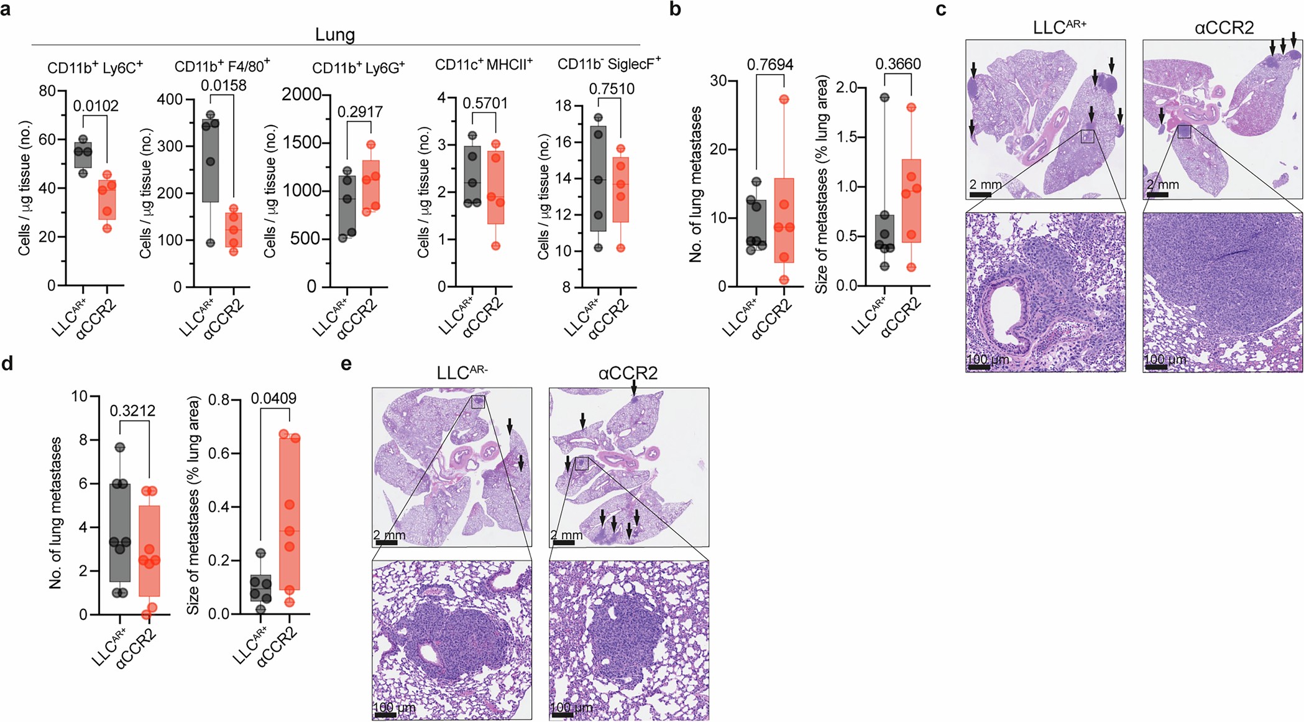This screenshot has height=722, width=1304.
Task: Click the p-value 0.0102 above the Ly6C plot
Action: tap(96, 106)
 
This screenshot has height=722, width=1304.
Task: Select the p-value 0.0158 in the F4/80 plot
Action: tap(223, 85)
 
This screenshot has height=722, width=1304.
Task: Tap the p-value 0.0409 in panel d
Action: tap(273, 399)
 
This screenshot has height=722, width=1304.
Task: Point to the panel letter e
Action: tap(346, 363)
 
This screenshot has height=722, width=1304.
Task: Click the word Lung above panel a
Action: tap(335, 34)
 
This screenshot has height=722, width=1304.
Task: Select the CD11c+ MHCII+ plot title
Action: tap(483, 65)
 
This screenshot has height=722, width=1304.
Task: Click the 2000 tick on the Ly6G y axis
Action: tap(301, 95)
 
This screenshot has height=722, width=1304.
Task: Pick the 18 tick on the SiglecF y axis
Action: tap(563, 106)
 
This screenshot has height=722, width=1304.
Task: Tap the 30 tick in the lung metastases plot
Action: tap(719, 81)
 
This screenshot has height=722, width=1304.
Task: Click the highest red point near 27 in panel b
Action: tap(784, 99)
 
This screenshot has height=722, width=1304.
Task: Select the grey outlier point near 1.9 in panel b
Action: tap(884, 98)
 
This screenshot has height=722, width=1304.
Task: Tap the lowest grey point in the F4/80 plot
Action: tap(211, 243)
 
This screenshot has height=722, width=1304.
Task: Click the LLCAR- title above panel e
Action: tap(462, 373)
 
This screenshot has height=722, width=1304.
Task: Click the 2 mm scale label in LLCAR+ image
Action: tap(986, 185)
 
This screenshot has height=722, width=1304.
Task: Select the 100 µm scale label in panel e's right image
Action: tap(571, 708)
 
